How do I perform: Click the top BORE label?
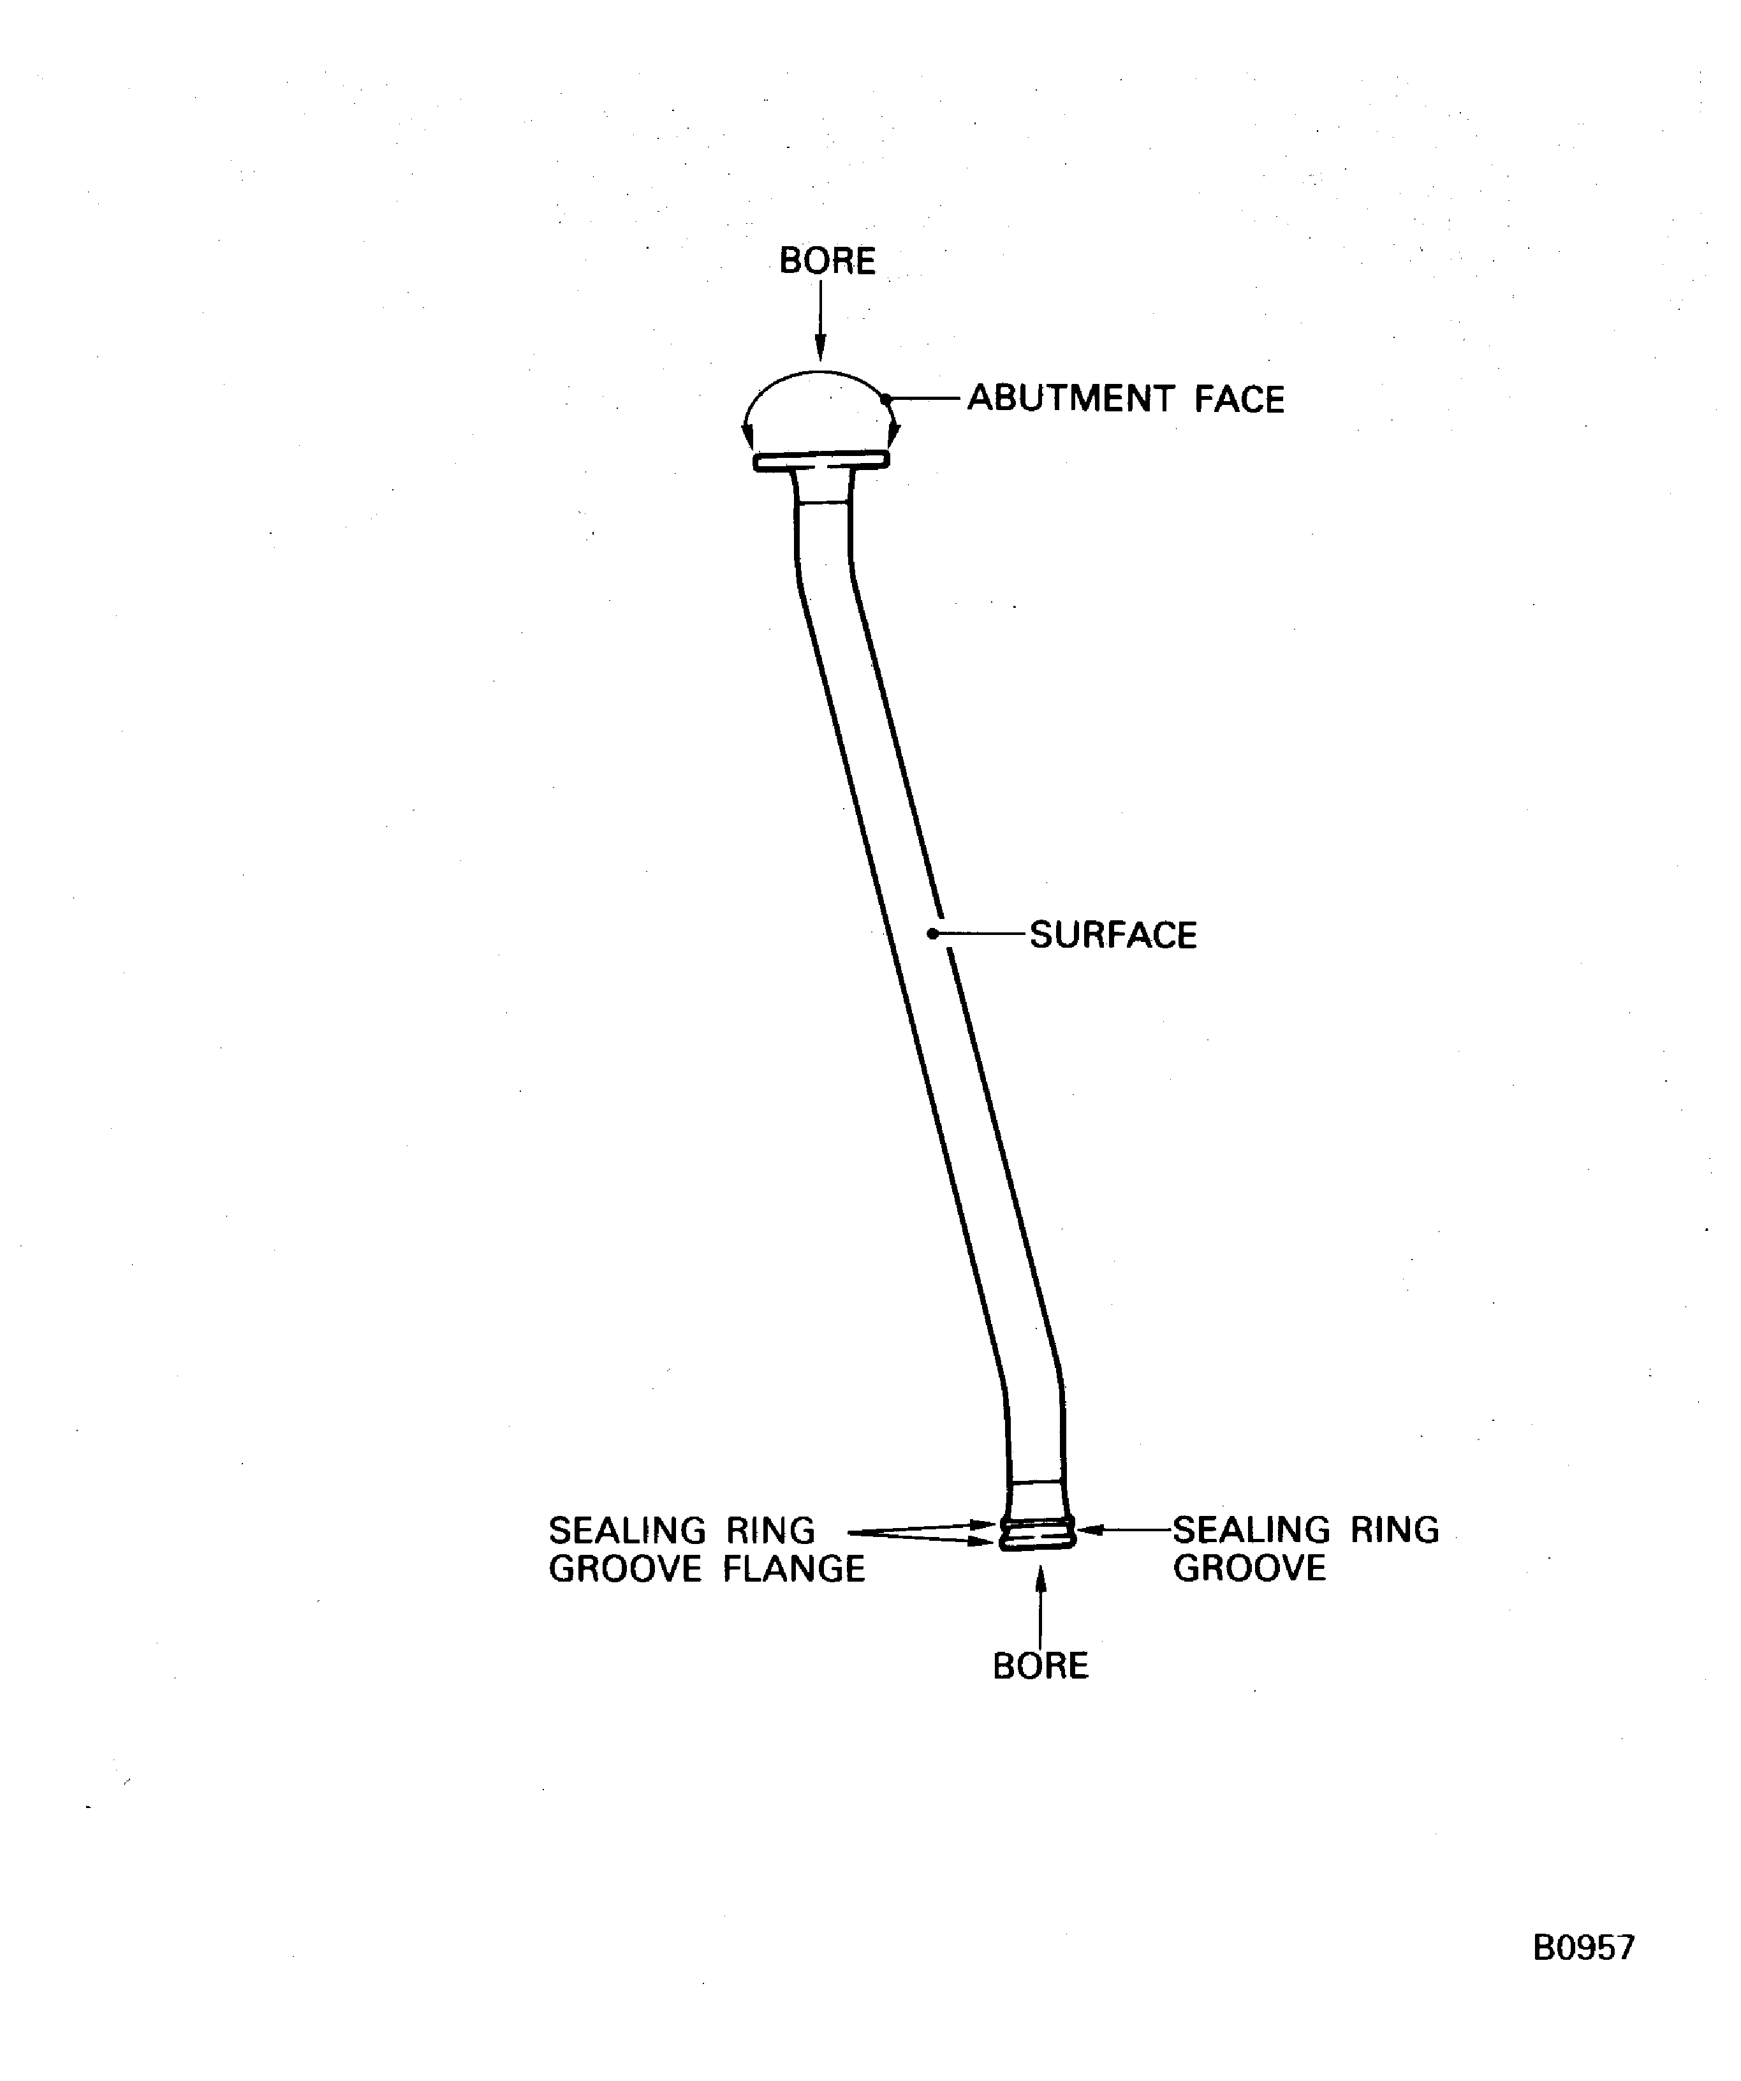pyautogui.click(x=826, y=261)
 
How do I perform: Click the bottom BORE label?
pyautogui.click(x=1039, y=1666)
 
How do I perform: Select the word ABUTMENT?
pyautogui.click(x=1070, y=399)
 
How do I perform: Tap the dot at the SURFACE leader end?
pyautogui.click(x=932, y=934)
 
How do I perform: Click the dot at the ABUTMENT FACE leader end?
pyautogui.click(x=887, y=399)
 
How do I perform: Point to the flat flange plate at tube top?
pyautogui.click(x=821, y=461)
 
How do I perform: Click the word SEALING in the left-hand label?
pyautogui.click(x=626, y=1531)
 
